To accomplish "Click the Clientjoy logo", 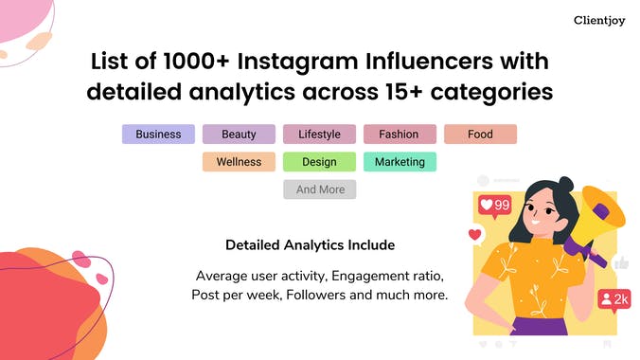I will coord(597,20).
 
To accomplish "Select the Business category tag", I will coord(158,135).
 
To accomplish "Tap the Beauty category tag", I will coord(239,135).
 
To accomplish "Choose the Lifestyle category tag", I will coord(319,135).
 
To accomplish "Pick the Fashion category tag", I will coord(399,135).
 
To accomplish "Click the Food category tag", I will coord(480,135).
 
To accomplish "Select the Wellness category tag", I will coord(239,162).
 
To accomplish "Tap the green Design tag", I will coord(319,162).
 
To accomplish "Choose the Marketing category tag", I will coord(400,162).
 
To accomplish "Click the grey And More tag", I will coord(320,189).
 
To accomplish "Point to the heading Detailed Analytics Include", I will coord(310,245).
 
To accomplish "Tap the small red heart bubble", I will coord(475,234).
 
